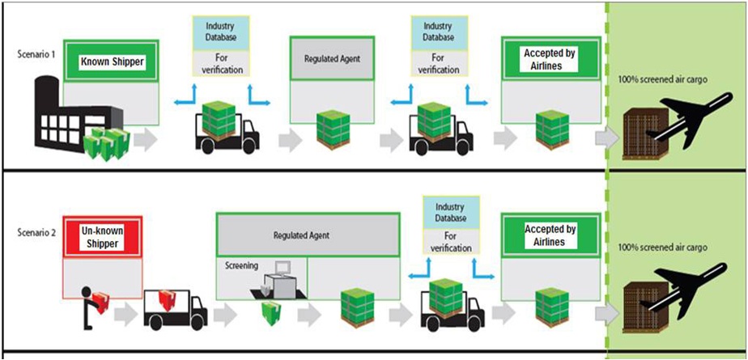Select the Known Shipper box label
pyautogui.click(x=111, y=61)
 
